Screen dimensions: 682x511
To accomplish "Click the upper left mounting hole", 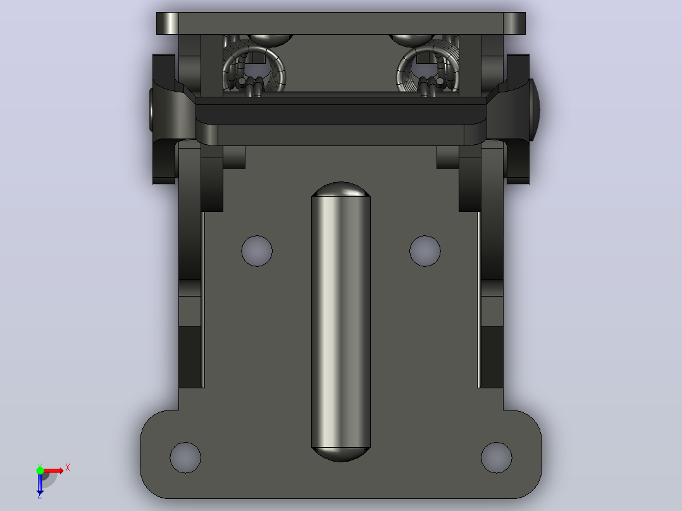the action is (x=257, y=251).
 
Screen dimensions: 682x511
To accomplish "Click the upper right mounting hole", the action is (x=425, y=251).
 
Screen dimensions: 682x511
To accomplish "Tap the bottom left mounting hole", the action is (x=185, y=457).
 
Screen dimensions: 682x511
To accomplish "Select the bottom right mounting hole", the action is (x=496, y=457).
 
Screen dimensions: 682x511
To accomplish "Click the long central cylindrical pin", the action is (x=340, y=322).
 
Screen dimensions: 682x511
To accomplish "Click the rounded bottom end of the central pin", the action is (x=340, y=455).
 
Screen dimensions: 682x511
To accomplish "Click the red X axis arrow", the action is (x=53, y=471).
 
